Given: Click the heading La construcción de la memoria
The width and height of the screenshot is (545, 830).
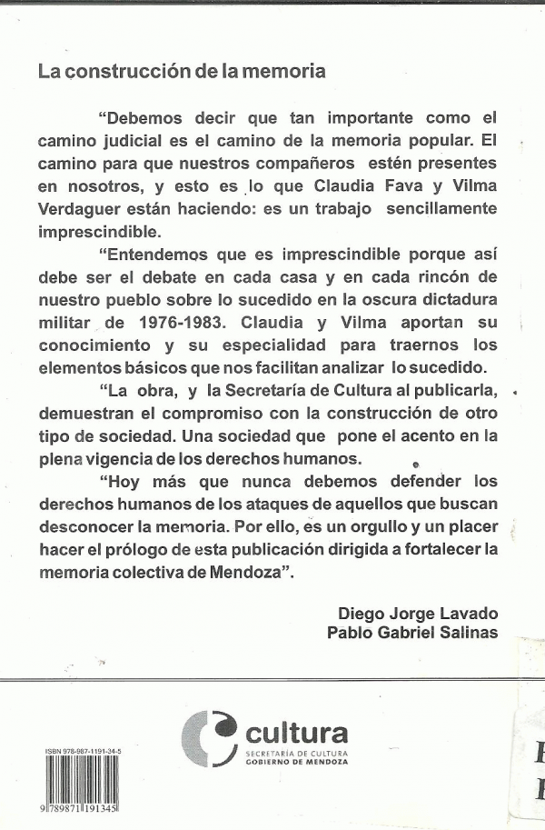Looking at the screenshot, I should coord(182,71).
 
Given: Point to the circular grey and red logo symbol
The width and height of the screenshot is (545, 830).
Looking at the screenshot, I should coord(210,739).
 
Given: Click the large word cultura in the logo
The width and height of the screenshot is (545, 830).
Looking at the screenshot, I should coord(296,732).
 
